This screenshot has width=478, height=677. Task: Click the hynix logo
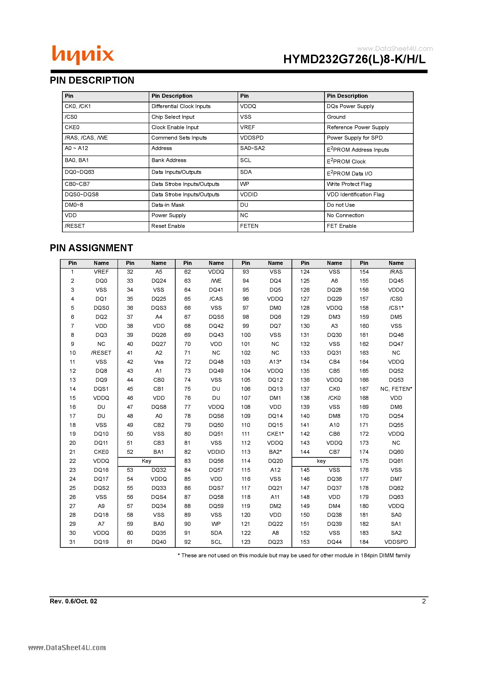point(83,55)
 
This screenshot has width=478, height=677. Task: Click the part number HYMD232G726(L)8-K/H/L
point(354,60)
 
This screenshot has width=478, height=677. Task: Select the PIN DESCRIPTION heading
point(92,80)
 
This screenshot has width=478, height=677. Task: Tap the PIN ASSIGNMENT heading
point(91,248)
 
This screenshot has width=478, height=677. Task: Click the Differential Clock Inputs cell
point(181,107)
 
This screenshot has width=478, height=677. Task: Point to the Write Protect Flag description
point(349,184)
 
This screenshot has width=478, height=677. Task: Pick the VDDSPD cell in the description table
point(252,138)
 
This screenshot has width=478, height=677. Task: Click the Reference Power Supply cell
point(357,127)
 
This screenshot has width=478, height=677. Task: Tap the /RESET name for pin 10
point(101,353)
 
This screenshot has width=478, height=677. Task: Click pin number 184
point(364,542)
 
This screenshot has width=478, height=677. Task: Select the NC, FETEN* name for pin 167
point(396,389)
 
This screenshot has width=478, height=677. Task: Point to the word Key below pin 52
point(146,461)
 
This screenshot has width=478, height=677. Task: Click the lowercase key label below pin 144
point(321,461)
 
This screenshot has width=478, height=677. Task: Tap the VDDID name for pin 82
point(216,452)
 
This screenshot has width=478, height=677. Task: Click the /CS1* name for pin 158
point(396,308)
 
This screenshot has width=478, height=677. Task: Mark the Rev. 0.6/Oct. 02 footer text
point(73,601)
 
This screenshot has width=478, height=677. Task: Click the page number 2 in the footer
point(424,601)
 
